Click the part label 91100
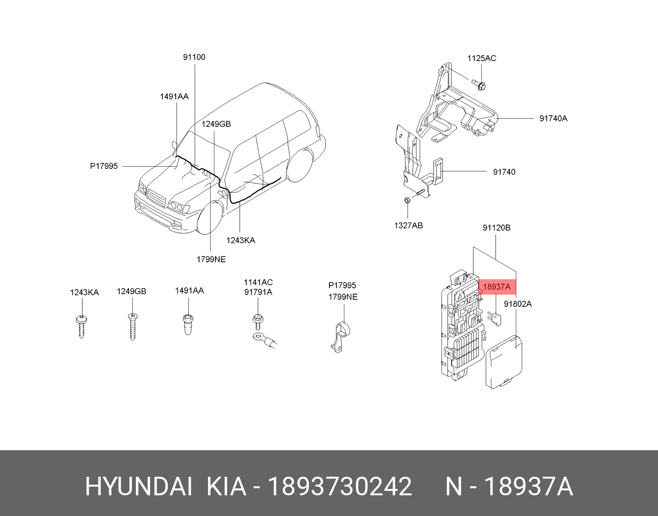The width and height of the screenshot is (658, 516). point(194,57)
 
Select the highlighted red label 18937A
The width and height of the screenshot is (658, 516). point(497,287)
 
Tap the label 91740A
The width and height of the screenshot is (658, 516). point(553,118)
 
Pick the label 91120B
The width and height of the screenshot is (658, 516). point(496,227)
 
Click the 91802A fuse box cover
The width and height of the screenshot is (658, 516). point(504,362)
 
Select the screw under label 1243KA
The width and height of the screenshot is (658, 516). point(82,326)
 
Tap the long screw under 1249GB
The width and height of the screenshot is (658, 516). point(132,327)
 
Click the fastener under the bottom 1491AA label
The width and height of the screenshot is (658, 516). point(188,324)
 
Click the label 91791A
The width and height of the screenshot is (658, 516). point(258,292)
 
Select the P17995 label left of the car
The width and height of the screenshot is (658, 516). point(104,166)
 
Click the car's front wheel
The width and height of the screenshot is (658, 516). point(210,219)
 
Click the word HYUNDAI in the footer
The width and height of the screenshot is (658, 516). point(138,487)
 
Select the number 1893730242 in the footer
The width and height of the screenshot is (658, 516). point(340,487)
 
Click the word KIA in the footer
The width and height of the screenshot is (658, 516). point(226,487)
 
